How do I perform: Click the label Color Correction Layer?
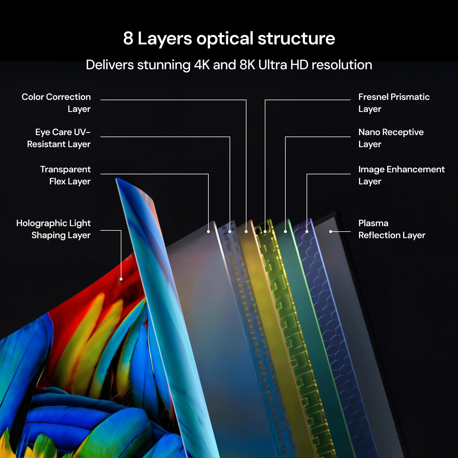[x=56, y=103]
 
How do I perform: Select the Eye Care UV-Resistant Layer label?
[x=59, y=138]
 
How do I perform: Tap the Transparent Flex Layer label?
[x=66, y=175]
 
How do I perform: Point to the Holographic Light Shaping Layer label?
[x=54, y=229]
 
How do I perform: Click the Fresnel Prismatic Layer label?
[x=394, y=103]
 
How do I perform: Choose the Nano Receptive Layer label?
[x=391, y=138]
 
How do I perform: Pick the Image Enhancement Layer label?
[x=401, y=175]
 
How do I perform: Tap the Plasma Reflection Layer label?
[x=392, y=229]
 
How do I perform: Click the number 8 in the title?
[x=128, y=38]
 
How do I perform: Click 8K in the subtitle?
[x=247, y=65]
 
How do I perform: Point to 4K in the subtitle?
[x=202, y=65]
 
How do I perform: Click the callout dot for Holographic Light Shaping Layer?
[x=121, y=279]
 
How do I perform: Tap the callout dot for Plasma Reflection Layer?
[x=331, y=232]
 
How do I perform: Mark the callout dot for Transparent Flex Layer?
[x=208, y=232]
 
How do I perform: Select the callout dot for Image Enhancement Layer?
[x=307, y=232]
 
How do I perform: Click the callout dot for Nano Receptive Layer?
[x=285, y=232]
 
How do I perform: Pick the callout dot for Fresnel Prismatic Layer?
[x=265, y=232]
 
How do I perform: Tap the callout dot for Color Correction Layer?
[x=246, y=232]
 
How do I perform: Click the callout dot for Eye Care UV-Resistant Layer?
[x=230, y=232]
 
